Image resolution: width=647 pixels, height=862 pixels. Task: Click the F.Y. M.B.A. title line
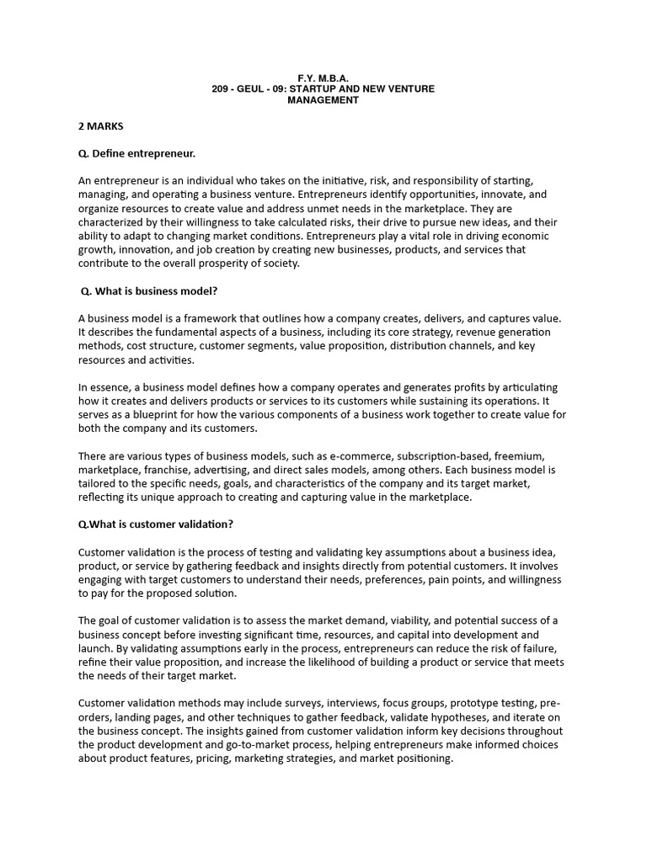323,77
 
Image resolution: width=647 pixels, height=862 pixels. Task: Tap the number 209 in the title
222,88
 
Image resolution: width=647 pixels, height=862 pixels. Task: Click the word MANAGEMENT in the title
323,99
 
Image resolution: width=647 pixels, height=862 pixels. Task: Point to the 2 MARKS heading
101,126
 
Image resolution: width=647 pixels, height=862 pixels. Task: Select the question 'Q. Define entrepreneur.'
136,153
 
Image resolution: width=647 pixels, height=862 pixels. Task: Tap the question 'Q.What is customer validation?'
156,524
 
